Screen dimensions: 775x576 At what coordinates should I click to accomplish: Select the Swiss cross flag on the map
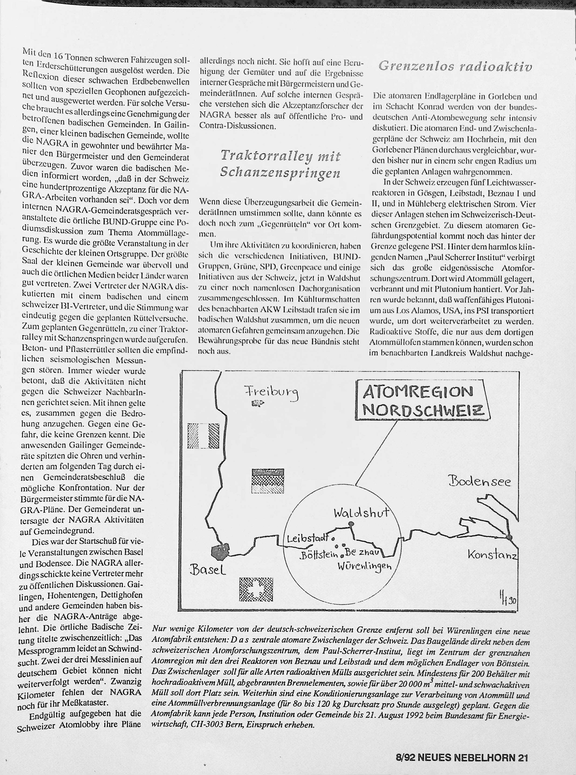pos(256,589)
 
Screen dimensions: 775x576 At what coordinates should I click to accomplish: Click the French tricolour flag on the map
pos(203,435)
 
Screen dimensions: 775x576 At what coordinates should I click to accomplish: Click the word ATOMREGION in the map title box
pos(418,392)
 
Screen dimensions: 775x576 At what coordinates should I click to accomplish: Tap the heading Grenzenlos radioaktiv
pos(455,66)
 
